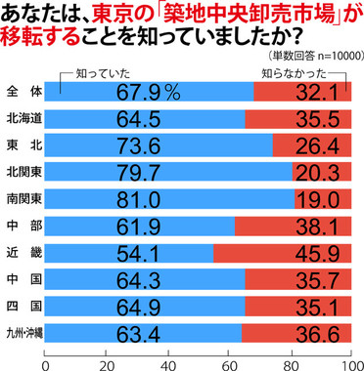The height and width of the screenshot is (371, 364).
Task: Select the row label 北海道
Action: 23,119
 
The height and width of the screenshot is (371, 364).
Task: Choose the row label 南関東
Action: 23,199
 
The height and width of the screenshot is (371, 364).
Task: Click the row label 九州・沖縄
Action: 23,331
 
